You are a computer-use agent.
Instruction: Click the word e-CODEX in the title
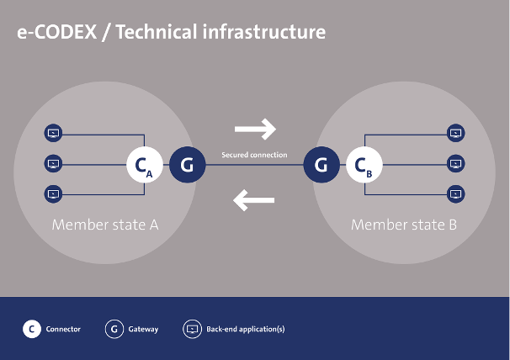[57, 32]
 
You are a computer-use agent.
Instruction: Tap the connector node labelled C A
[145, 165]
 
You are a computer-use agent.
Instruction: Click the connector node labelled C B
[364, 165]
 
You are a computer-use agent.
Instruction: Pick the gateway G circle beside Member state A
[188, 165]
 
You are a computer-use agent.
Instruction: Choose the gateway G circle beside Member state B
[321, 165]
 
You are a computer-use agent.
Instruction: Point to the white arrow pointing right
[255, 129]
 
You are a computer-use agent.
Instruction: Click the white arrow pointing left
[253, 200]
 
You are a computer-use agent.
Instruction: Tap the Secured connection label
[254, 155]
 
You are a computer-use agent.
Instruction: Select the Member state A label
[105, 225]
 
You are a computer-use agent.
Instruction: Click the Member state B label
[404, 225]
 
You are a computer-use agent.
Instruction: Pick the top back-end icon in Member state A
[53, 133]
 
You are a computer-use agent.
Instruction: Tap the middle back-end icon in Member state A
[53, 163]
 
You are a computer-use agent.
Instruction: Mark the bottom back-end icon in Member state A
[53, 194]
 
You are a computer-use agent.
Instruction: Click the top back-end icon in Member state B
[455, 133]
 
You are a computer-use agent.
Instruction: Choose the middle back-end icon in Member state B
[455, 163]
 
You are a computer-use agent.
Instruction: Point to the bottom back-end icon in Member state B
[455, 194]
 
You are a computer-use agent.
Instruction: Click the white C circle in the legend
[32, 329]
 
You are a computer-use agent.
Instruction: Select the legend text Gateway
[143, 329]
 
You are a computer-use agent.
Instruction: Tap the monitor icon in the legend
[192, 329]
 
